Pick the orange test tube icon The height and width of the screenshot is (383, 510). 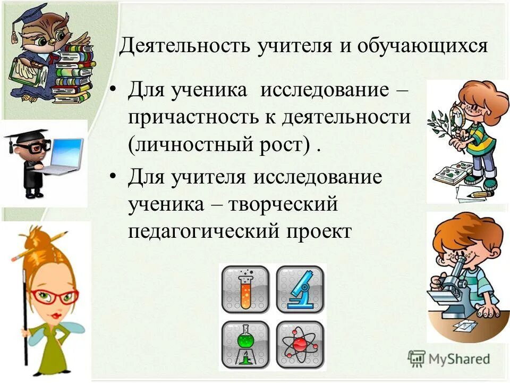click(245, 289)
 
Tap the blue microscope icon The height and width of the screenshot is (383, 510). click(300, 289)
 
